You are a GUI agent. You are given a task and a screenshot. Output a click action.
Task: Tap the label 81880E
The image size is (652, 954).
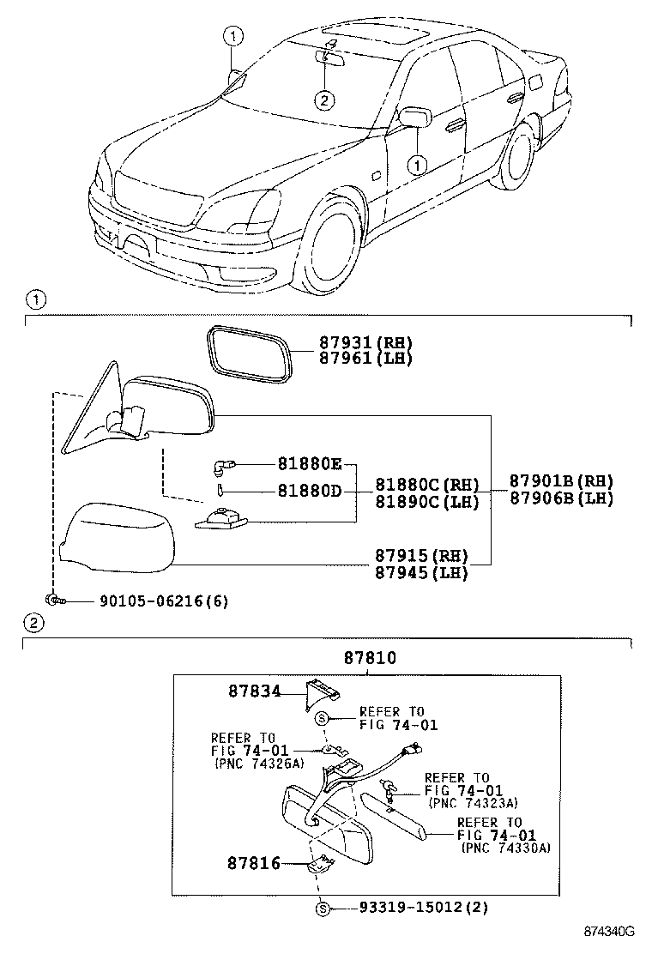(309, 464)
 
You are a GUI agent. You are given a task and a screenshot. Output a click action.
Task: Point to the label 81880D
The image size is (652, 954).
(309, 491)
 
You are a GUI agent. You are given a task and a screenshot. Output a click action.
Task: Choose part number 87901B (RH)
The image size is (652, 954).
(561, 480)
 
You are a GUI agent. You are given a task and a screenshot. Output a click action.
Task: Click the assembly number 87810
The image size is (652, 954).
(370, 658)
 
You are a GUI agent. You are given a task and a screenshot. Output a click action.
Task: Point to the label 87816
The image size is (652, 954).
(254, 863)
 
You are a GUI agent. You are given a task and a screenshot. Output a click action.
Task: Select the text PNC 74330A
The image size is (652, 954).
(506, 848)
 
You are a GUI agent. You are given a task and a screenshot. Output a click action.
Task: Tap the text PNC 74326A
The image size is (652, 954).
(257, 763)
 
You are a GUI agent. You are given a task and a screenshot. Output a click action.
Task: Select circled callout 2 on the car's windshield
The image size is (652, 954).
(323, 100)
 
